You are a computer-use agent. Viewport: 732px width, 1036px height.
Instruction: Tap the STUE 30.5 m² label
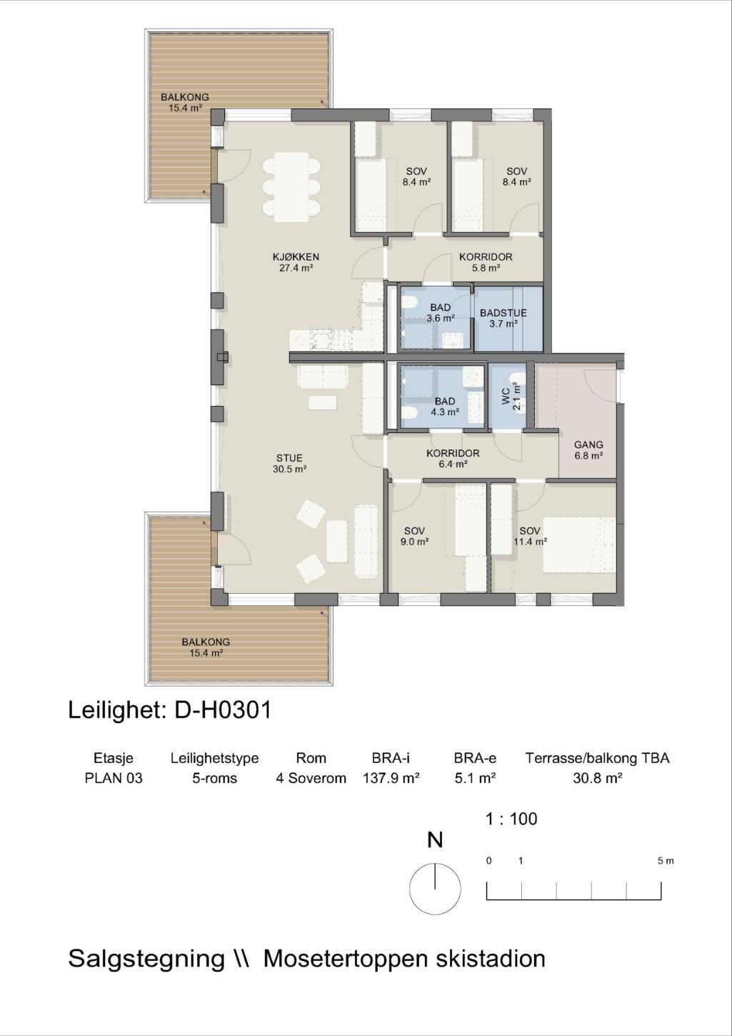[x=289, y=464]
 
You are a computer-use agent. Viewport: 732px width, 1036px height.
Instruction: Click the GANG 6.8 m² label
[x=588, y=450]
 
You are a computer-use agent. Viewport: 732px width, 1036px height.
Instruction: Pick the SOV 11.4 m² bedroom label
[x=530, y=536]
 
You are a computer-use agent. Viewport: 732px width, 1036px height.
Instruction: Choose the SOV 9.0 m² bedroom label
[x=414, y=536]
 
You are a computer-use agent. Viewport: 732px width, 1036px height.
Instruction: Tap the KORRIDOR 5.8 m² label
[x=486, y=262]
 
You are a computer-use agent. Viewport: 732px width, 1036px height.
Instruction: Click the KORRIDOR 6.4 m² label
[x=453, y=458]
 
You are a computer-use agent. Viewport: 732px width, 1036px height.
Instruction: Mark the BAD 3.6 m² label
[x=440, y=313]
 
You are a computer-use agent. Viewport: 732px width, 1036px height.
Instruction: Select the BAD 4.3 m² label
[x=445, y=407]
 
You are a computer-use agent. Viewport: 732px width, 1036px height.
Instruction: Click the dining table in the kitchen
[x=291, y=188]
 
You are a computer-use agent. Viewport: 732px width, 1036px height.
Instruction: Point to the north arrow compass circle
[x=435, y=889]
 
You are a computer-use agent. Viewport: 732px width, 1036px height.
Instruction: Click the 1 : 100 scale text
[x=511, y=819]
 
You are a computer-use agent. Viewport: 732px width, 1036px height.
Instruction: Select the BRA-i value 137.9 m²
[x=391, y=778]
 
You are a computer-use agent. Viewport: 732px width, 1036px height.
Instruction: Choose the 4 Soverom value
[x=311, y=778]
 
